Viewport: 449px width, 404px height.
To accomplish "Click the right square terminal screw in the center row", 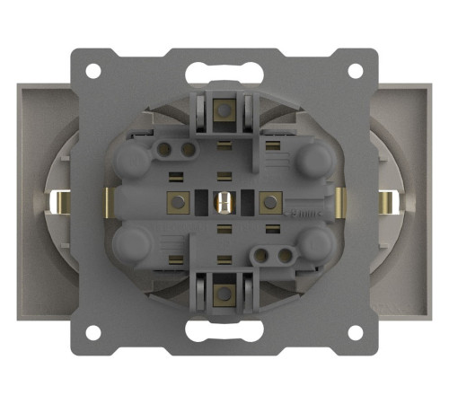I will coord(268,202).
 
